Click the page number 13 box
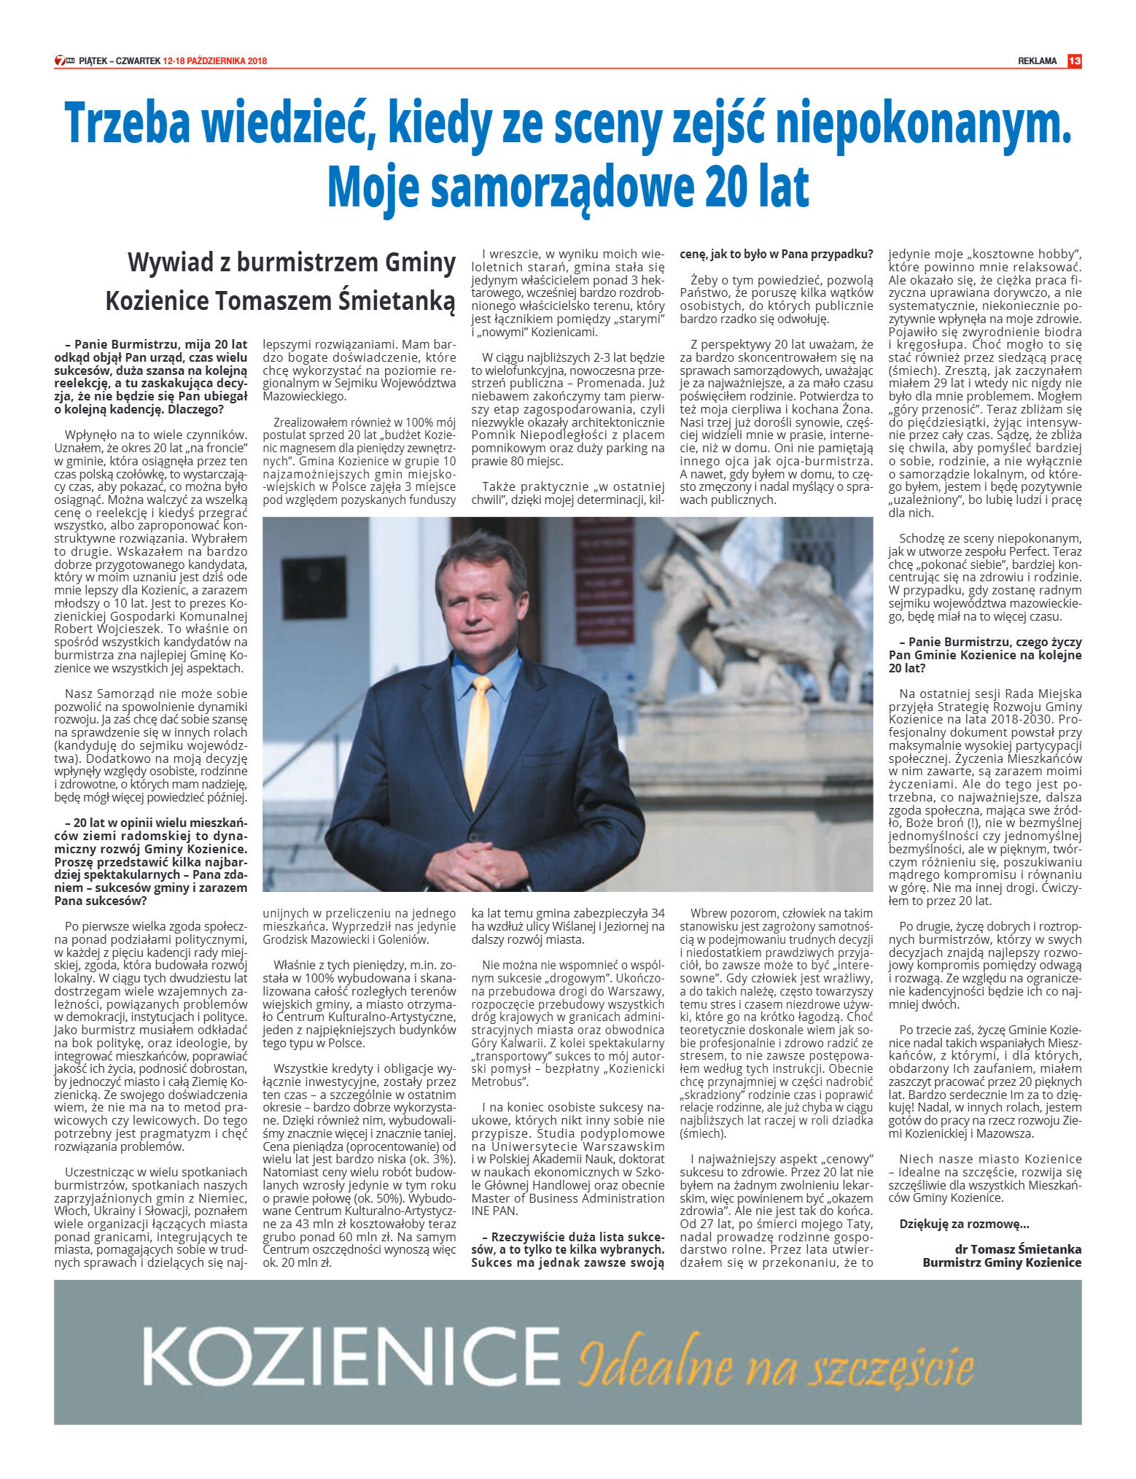[x=1074, y=61]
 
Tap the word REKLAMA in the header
[x=1037, y=61]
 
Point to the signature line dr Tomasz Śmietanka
[x=1018, y=1249]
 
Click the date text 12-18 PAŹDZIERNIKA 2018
[x=215, y=61]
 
